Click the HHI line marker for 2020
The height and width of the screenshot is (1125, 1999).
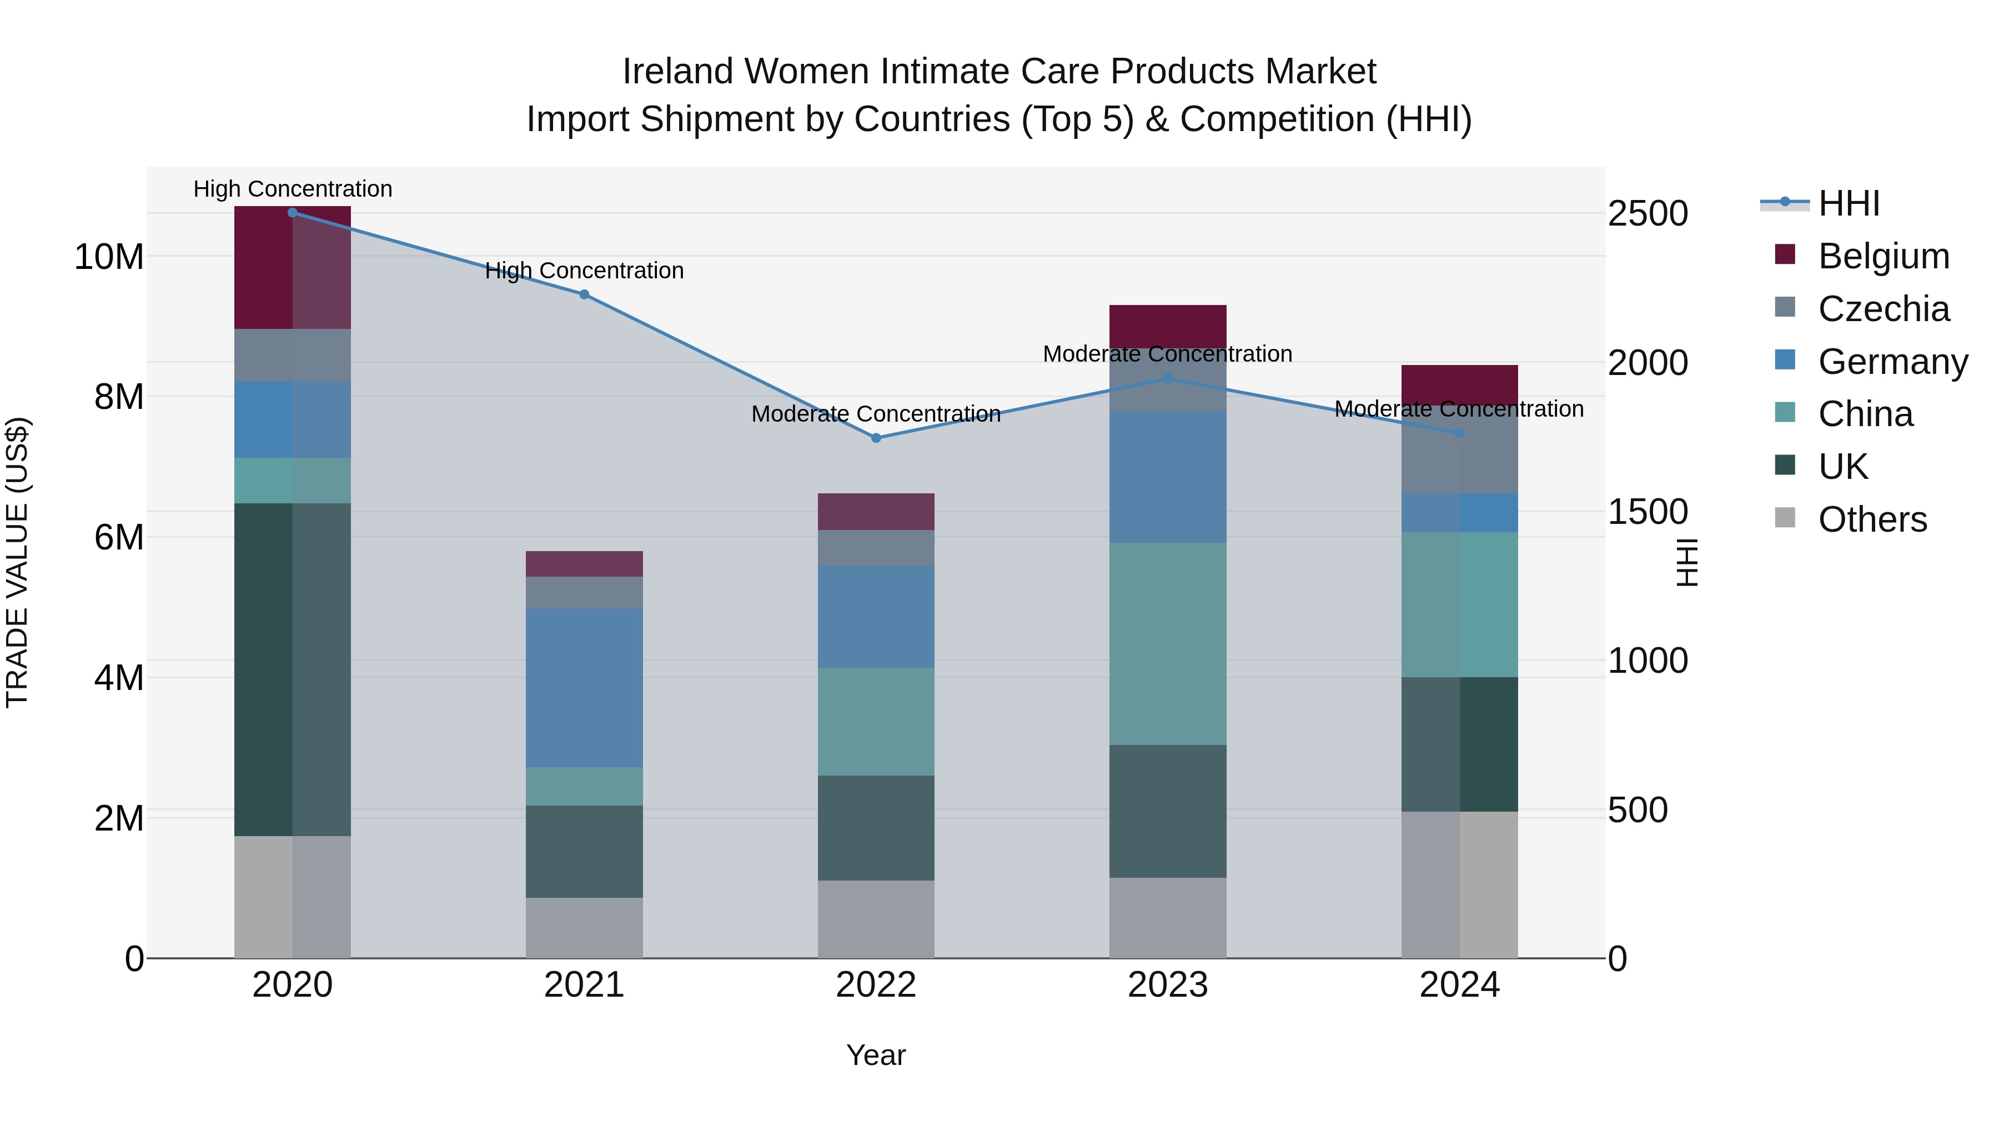[x=293, y=213]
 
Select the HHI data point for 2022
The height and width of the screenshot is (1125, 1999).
[x=876, y=438]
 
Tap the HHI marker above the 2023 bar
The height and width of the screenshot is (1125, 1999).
[x=1168, y=379]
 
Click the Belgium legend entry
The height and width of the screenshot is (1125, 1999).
[x=1884, y=256]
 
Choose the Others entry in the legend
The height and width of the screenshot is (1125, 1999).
[x=1872, y=519]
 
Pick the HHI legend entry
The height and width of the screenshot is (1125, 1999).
[x=1849, y=203]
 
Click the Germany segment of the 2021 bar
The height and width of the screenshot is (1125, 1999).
[x=584, y=687]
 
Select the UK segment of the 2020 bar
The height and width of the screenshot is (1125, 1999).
[x=293, y=669]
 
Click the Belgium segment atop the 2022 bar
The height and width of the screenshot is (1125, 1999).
[x=876, y=512]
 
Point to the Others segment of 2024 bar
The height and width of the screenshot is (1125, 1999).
[x=1460, y=884]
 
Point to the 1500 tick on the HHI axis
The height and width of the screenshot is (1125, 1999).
[x=1648, y=512]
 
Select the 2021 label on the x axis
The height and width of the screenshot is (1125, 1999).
[x=584, y=985]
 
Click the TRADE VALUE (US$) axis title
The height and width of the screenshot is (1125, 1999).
[x=17, y=562]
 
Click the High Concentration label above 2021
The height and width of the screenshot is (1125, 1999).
[x=584, y=271]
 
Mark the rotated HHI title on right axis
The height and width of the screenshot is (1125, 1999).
[x=1686, y=562]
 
